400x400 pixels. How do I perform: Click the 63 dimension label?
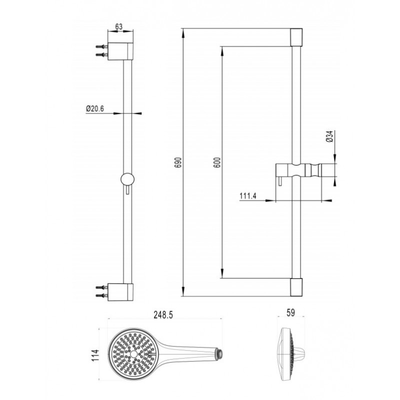coord(119,26)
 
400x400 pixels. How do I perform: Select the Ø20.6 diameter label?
coord(95,108)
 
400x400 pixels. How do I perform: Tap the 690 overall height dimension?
coord(178,162)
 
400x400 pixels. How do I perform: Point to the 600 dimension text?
coord(217,162)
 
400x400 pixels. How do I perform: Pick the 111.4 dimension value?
coord(248,196)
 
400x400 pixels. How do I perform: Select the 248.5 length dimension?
coord(163,315)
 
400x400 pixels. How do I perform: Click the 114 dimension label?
coord(95,355)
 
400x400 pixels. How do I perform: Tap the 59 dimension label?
coord(291,313)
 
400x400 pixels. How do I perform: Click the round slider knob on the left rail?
coord(127,179)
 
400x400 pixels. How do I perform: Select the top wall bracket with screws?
coord(114,51)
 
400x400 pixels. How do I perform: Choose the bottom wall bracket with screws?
coord(114,292)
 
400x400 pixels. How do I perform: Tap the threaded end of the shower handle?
coord(220,353)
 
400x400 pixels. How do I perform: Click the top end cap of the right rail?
coord(296,37)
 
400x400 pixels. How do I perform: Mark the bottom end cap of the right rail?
coord(296,287)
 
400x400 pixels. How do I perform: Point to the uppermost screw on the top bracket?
coord(102,47)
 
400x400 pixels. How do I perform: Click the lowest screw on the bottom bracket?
coord(102,295)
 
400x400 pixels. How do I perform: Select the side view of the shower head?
coord(293,355)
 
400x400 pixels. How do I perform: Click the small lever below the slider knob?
coord(127,190)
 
